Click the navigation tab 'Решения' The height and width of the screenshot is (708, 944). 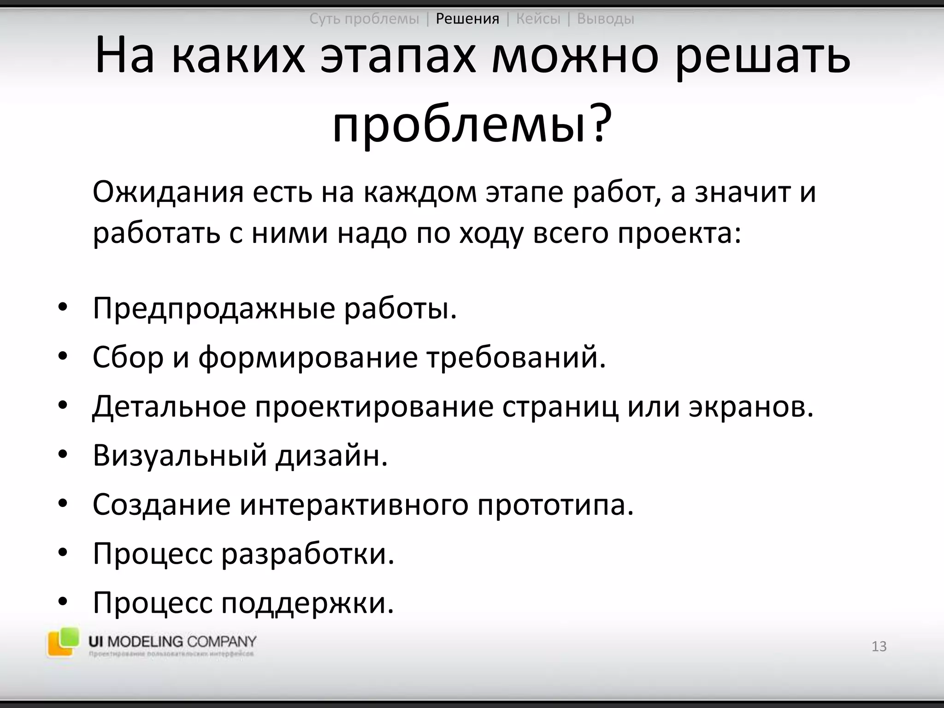point(467,19)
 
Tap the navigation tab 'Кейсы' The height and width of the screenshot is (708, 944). point(538,19)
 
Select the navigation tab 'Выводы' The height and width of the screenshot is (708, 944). point(606,19)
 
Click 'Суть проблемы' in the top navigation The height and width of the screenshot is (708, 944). point(364,19)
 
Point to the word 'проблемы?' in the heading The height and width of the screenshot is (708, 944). point(472,124)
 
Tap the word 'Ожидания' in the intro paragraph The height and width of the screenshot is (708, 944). point(168,193)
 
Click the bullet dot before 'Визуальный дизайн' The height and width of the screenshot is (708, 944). point(63,455)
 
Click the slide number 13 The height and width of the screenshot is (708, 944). point(879,646)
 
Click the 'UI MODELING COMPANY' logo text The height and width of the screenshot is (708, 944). point(172,642)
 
